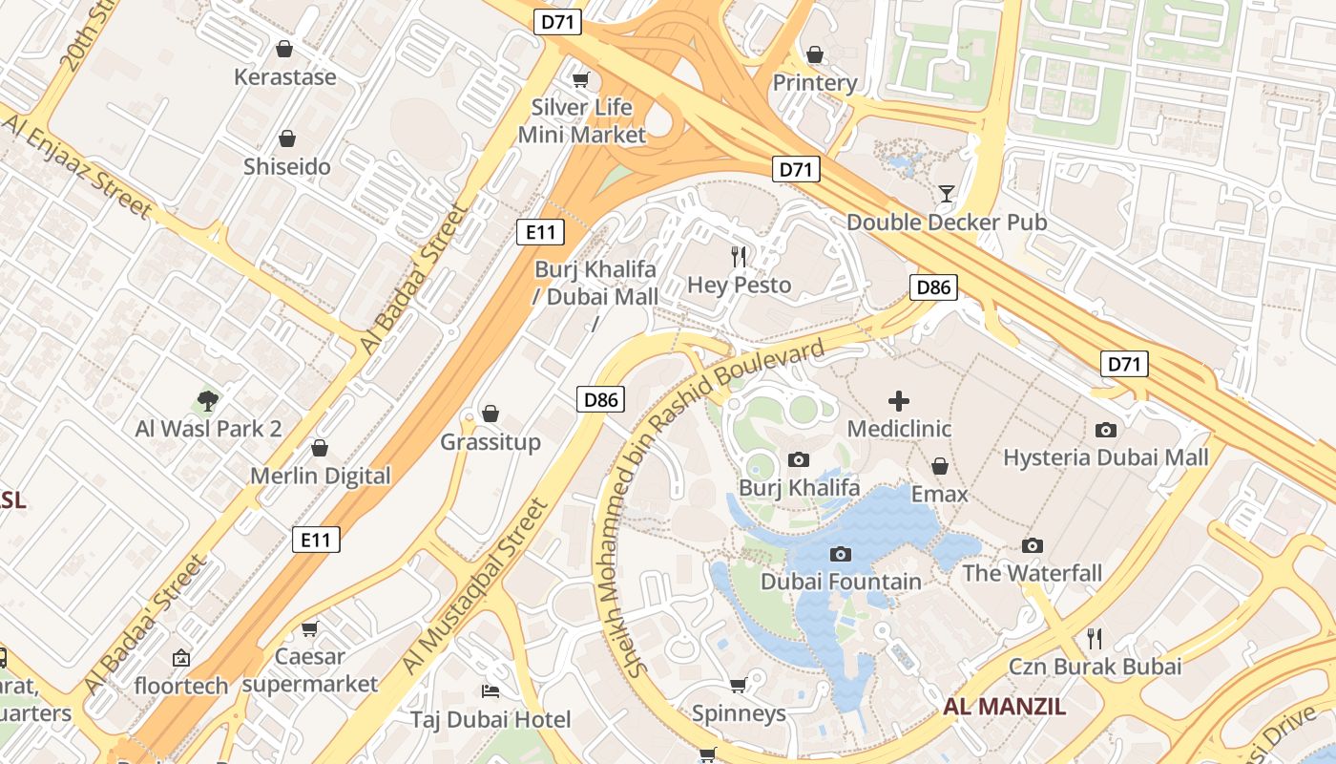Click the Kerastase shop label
285,77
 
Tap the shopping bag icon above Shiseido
286,139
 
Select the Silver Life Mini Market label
582,120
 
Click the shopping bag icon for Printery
814,55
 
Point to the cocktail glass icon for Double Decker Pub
946,195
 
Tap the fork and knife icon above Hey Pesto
739,256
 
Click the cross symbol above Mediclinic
899,401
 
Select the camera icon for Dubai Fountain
841,554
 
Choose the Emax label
940,494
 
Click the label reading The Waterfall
1032,573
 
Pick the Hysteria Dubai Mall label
1105,457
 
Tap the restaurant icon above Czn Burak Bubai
1095,638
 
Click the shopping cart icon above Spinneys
738,686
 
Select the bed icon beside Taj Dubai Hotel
491,691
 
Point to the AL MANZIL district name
1004,707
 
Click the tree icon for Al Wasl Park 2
208,401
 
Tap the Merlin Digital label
321,476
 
